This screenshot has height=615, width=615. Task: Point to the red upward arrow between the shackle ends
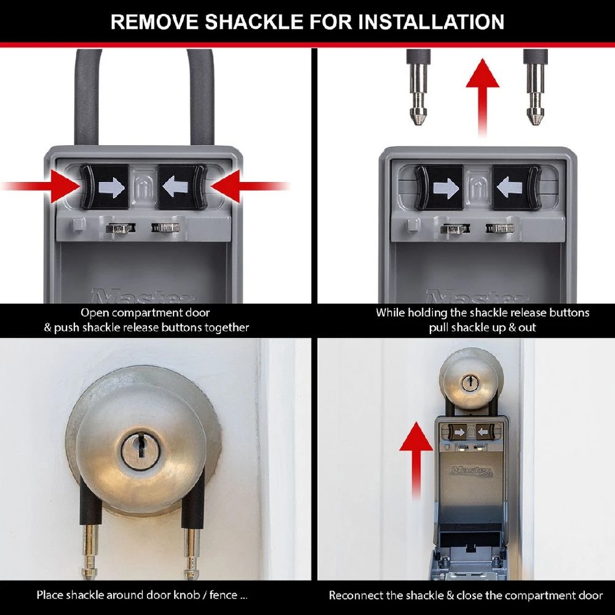coord(482,92)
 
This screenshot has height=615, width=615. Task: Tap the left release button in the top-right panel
coord(439,188)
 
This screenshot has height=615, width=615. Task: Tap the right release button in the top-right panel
coord(515,188)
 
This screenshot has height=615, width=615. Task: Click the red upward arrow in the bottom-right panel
coord(415,458)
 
